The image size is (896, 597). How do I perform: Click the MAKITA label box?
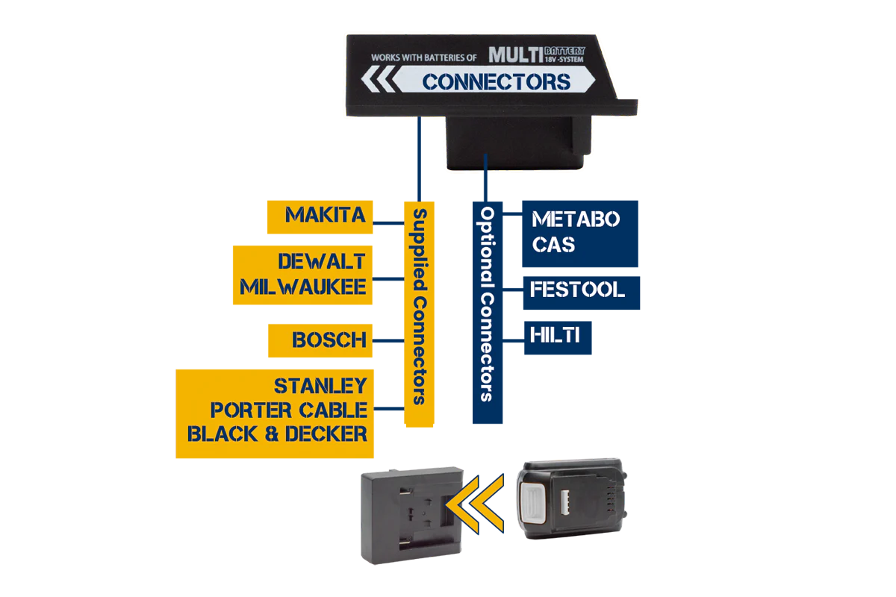(x=320, y=216)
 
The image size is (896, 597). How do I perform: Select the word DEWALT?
(x=322, y=261)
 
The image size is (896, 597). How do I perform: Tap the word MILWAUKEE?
(x=303, y=287)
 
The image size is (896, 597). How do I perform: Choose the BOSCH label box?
(x=320, y=340)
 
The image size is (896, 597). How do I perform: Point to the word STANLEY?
(x=320, y=386)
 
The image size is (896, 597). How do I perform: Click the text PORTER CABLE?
(x=289, y=410)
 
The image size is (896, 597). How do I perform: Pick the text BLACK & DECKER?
(x=277, y=434)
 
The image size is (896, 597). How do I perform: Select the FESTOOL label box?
(x=582, y=293)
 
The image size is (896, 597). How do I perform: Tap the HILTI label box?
(x=558, y=338)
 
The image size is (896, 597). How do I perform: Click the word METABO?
(x=576, y=219)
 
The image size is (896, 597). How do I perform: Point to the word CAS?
(x=553, y=244)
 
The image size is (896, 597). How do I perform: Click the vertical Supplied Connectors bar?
(x=419, y=314)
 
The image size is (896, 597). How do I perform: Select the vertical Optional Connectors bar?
(x=488, y=312)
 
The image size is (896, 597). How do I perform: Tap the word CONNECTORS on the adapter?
(x=497, y=82)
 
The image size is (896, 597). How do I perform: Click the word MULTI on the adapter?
(x=516, y=54)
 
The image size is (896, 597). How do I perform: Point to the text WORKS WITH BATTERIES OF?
(x=424, y=57)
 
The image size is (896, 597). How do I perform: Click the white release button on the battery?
(x=533, y=503)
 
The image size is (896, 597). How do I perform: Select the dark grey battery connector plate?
(x=412, y=516)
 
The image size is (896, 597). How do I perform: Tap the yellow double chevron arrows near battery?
(x=475, y=504)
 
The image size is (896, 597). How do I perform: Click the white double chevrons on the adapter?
(x=378, y=79)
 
